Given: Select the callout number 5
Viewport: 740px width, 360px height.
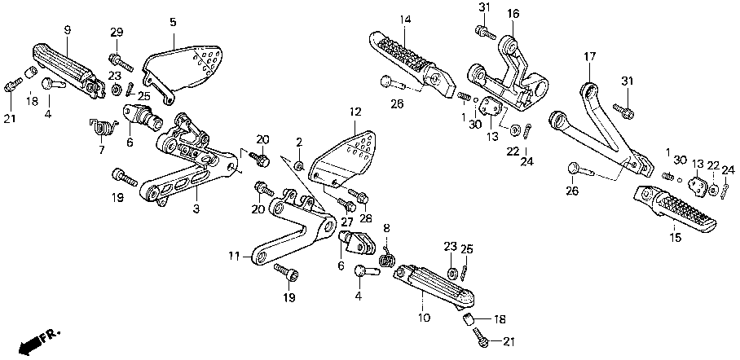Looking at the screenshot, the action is coord(173,22).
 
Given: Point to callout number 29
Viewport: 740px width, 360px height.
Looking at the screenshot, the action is coord(117,33).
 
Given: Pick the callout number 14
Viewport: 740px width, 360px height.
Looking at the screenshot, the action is coord(405,20).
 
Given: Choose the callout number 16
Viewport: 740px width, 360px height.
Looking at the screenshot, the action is coord(513,14).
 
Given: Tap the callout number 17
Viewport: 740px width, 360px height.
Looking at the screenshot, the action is coord(589,57).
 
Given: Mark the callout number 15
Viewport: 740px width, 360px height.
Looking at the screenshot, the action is coord(676,239).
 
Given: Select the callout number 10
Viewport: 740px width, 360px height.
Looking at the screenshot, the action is coord(424,318).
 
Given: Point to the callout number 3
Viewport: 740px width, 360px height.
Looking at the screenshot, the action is coord(196,209).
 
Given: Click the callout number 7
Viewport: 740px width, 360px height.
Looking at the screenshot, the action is coord(102,151).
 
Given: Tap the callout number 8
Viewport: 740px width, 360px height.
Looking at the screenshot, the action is coord(386,228).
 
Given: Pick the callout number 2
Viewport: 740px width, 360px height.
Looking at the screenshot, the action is coord(299,142).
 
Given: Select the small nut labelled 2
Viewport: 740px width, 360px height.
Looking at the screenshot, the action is coord(298,165).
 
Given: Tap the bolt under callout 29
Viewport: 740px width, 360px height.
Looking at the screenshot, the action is coord(121,62).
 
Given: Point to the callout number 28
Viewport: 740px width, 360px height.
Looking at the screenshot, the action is coord(366,218).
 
